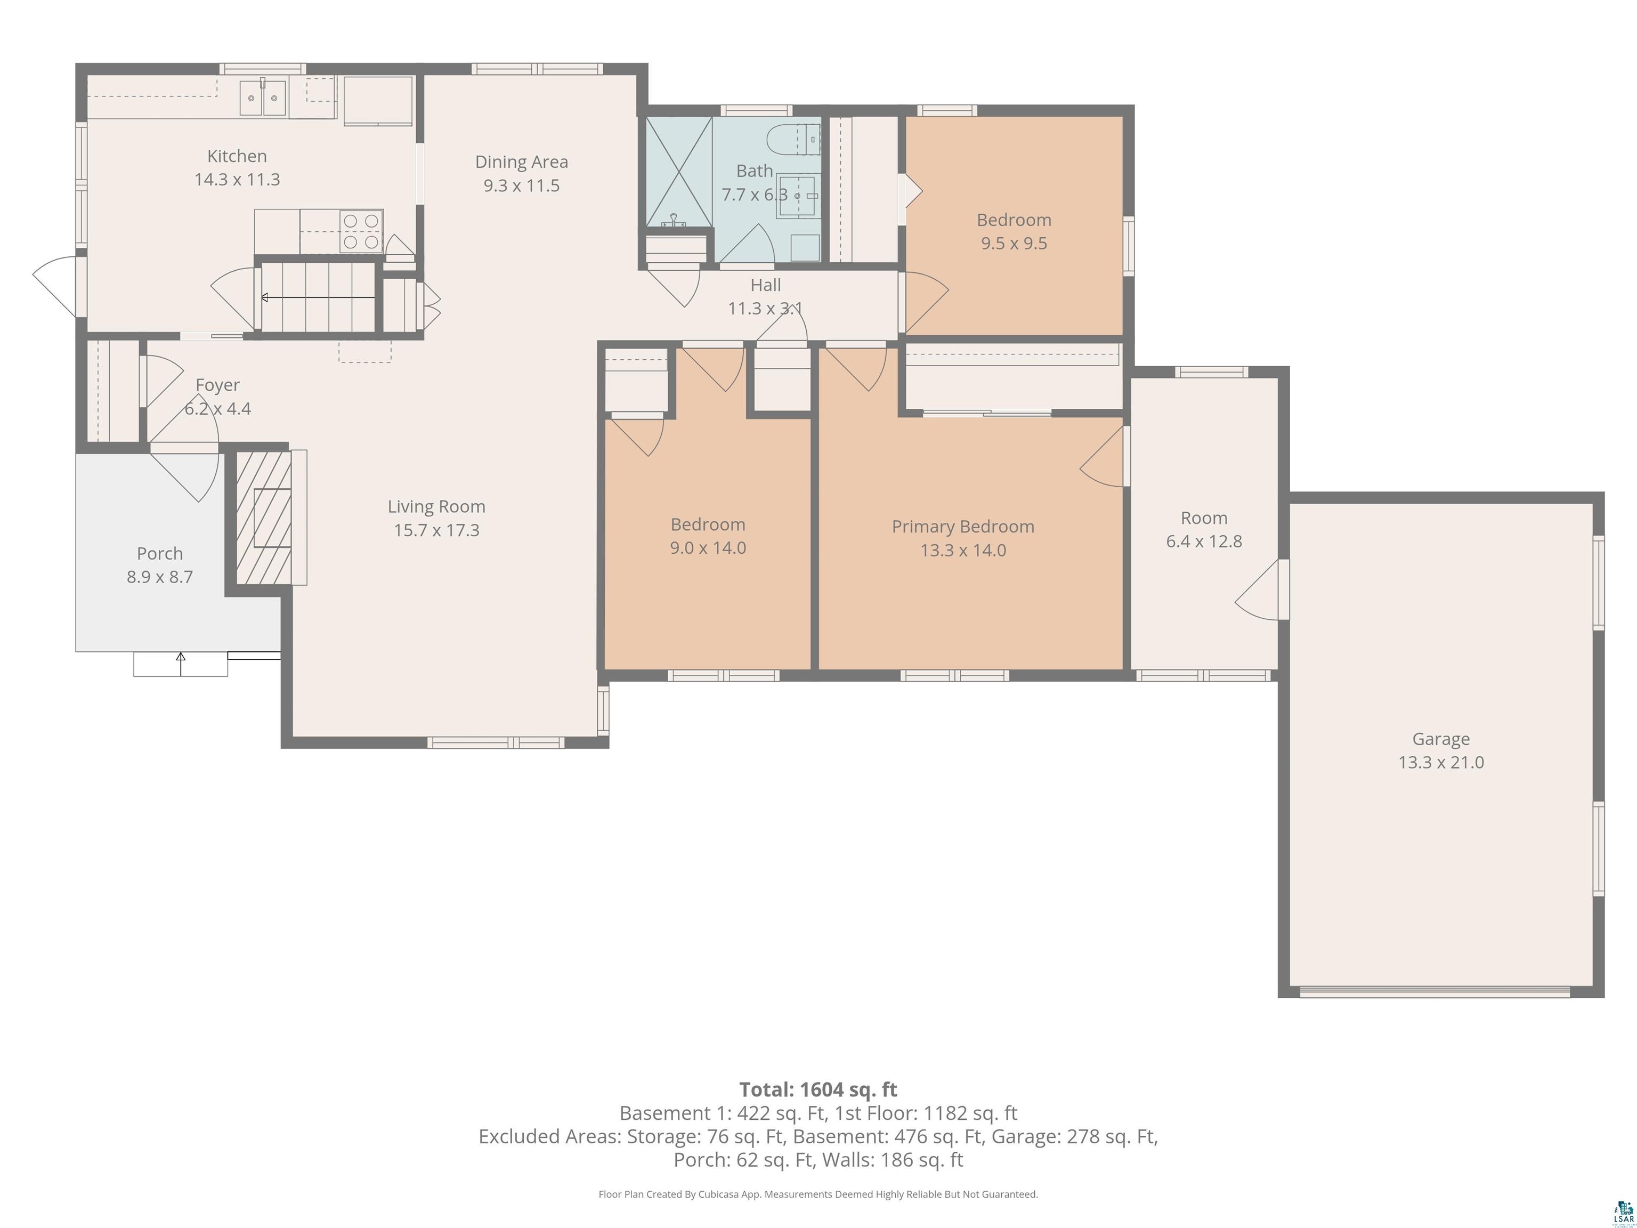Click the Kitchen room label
coord(237,156)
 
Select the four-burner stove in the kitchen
coord(361,231)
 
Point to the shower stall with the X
coord(679,171)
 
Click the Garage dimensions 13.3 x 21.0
coord(1440,762)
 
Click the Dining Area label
coord(521,162)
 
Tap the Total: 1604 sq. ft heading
coord(818,1089)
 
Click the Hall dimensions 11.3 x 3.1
coord(765,309)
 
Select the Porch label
coord(159,554)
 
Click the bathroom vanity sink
coord(798,196)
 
